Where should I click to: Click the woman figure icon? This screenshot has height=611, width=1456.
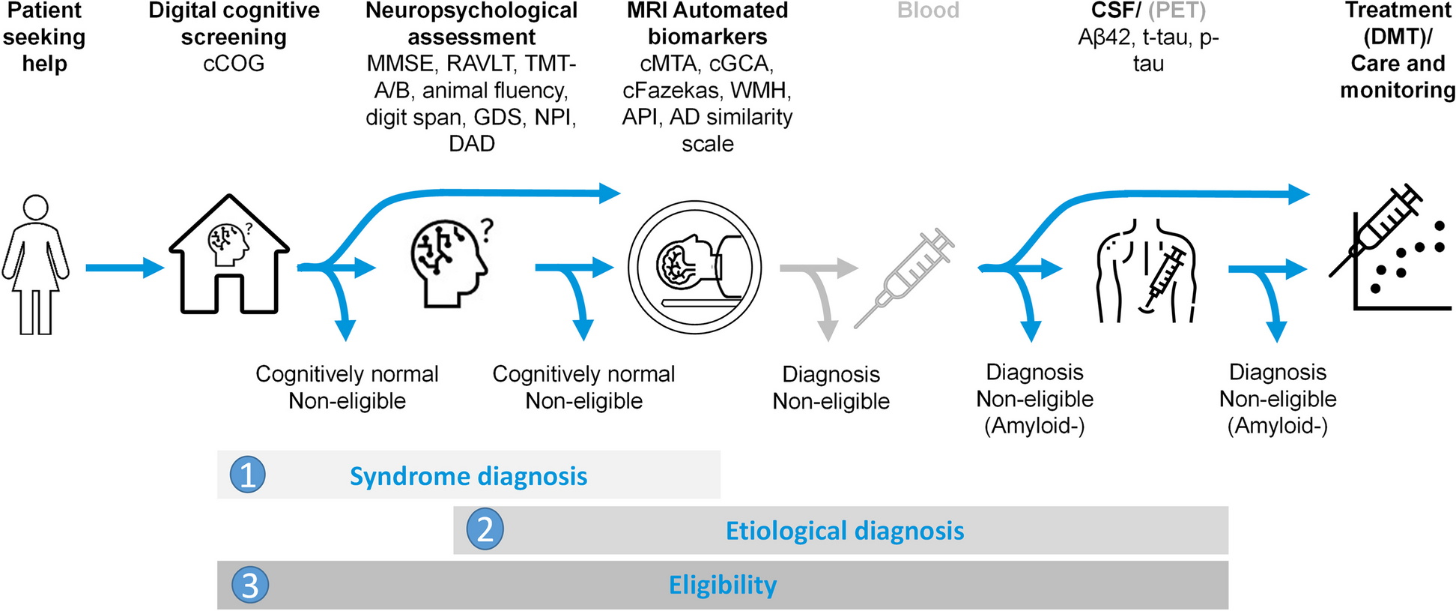[36, 264]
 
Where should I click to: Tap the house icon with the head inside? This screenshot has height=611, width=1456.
[228, 255]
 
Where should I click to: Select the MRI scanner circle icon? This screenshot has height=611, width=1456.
[694, 267]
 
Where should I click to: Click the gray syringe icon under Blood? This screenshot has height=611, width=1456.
[905, 278]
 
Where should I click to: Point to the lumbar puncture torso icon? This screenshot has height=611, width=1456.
[1146, 271]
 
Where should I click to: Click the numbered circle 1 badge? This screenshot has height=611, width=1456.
[248, 475]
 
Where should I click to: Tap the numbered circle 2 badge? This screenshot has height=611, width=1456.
[485, 529]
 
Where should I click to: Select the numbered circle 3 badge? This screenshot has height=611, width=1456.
[250, 585]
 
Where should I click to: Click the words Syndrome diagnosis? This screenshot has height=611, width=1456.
[468, 476]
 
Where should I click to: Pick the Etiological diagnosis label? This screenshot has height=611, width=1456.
[844, 531]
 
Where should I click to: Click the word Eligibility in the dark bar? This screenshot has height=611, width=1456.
[722, 585]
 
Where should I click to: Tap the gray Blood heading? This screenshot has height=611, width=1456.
[928, 10]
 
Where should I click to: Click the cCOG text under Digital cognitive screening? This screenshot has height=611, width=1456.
[234, 64]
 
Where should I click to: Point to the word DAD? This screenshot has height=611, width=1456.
[471, 143]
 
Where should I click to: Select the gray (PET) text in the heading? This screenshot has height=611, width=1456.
[1177, 10]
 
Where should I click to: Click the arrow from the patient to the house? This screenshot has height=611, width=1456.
[124, 268]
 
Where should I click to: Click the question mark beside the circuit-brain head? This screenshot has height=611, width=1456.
[487, 229]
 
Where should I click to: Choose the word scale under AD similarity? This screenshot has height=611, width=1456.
[707, 143]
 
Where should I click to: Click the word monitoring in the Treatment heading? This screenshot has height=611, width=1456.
[1398, 91]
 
